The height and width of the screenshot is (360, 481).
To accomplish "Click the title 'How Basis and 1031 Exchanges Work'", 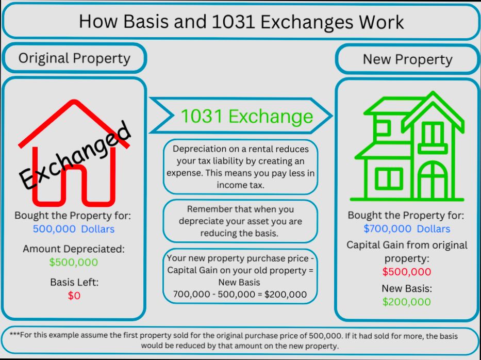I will point(241,22).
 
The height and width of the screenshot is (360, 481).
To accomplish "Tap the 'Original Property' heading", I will point(74,58).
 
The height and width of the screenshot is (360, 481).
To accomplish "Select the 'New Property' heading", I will point(407,59).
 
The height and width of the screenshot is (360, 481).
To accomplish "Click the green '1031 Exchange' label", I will point(246,116).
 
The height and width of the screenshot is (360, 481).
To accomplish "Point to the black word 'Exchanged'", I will point(75,155).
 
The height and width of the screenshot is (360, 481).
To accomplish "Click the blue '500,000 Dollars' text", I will point(74,229).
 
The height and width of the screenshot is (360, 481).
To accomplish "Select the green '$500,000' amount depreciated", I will point(74,262).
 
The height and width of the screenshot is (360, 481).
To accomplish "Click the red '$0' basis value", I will point(74,296).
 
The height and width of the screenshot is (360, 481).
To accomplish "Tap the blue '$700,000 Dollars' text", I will point(407,228).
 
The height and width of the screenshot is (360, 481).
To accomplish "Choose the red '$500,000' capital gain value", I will point(407,272).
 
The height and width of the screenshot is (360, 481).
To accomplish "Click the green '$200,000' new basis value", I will point(407,302).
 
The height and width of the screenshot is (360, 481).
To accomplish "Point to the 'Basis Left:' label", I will point(74,282).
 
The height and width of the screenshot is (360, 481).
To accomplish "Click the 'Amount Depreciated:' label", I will point(74,249).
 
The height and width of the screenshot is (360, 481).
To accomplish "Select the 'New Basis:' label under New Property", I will point(407,288).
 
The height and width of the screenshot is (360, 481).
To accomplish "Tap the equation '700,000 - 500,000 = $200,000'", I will point(240,294).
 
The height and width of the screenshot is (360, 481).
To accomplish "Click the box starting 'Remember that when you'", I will point(240,221).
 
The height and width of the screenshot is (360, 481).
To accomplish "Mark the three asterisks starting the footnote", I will point(14,335).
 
